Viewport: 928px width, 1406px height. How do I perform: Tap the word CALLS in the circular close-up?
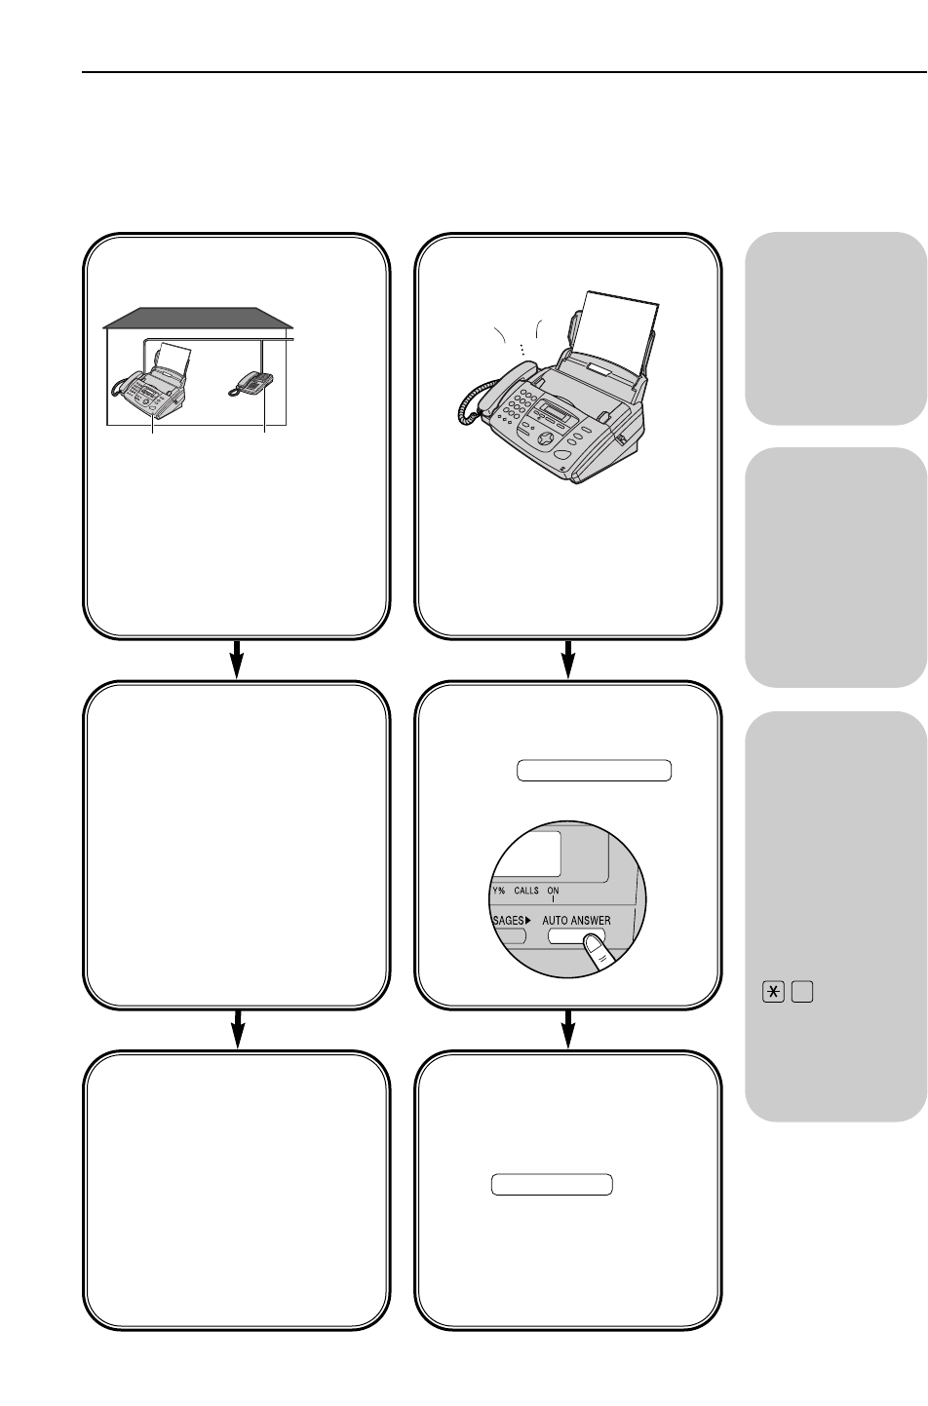[x=532, y=889]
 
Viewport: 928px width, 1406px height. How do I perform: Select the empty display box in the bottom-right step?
[x=551, y=1185]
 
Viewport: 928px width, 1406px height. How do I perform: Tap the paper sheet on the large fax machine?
[x=616, y=331]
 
